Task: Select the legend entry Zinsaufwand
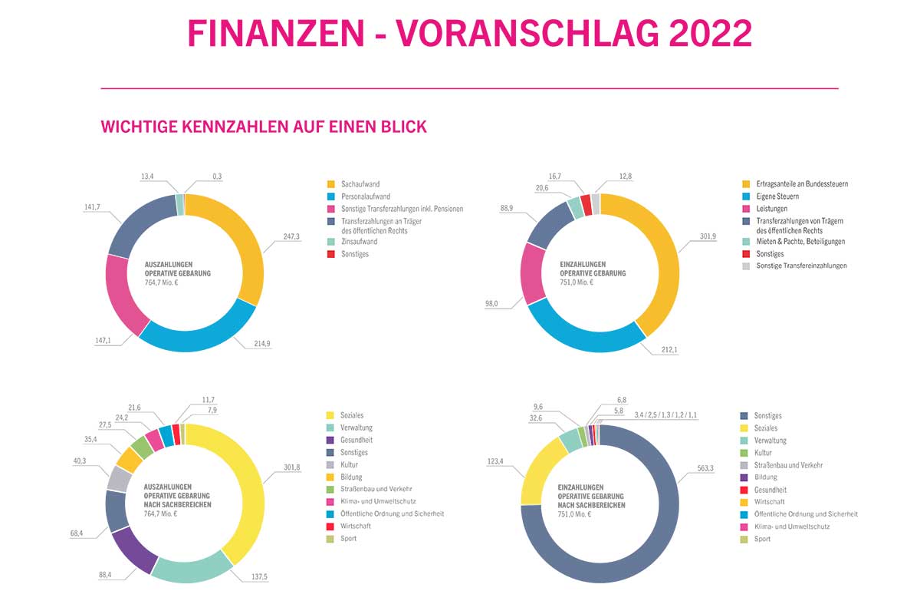coord(359,241)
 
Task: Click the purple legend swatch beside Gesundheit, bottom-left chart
coord(331,441)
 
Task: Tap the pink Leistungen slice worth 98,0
coord(532,272)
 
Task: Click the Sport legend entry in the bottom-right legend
coord(763,539)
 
